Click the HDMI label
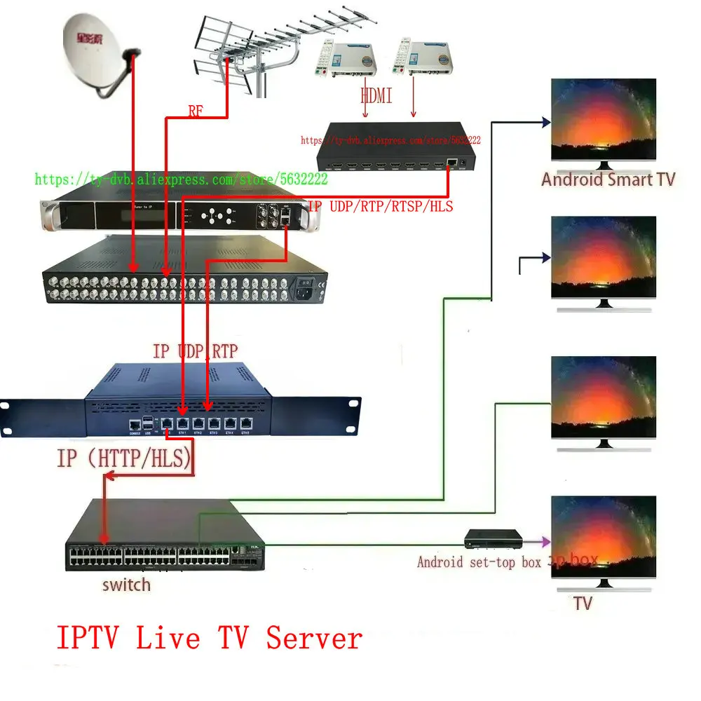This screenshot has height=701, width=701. (376, 95)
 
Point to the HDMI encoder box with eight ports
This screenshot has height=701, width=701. (396, 154)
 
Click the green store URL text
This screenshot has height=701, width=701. (181, 180)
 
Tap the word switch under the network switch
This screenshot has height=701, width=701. (125, 584)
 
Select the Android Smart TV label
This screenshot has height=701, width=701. (608, 179)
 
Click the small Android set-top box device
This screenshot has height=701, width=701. (494, 539)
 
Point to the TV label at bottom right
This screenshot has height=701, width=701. (583, 603)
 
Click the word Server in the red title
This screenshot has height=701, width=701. (314, 638)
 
